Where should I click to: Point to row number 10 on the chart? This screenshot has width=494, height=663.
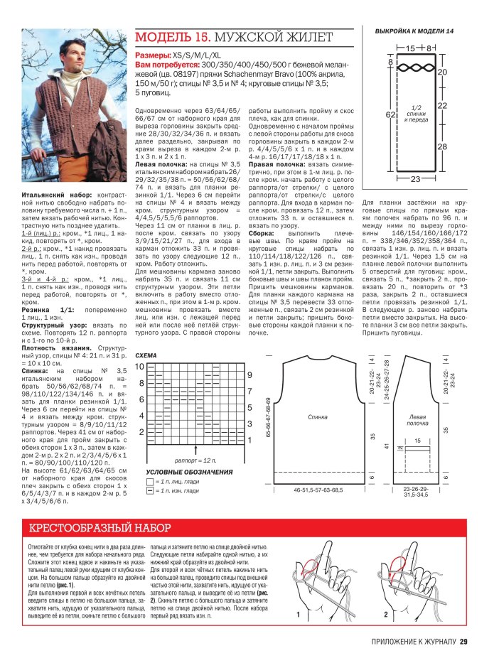click(140, 366)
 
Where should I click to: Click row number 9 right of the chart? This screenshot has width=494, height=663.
click(249, 374)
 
